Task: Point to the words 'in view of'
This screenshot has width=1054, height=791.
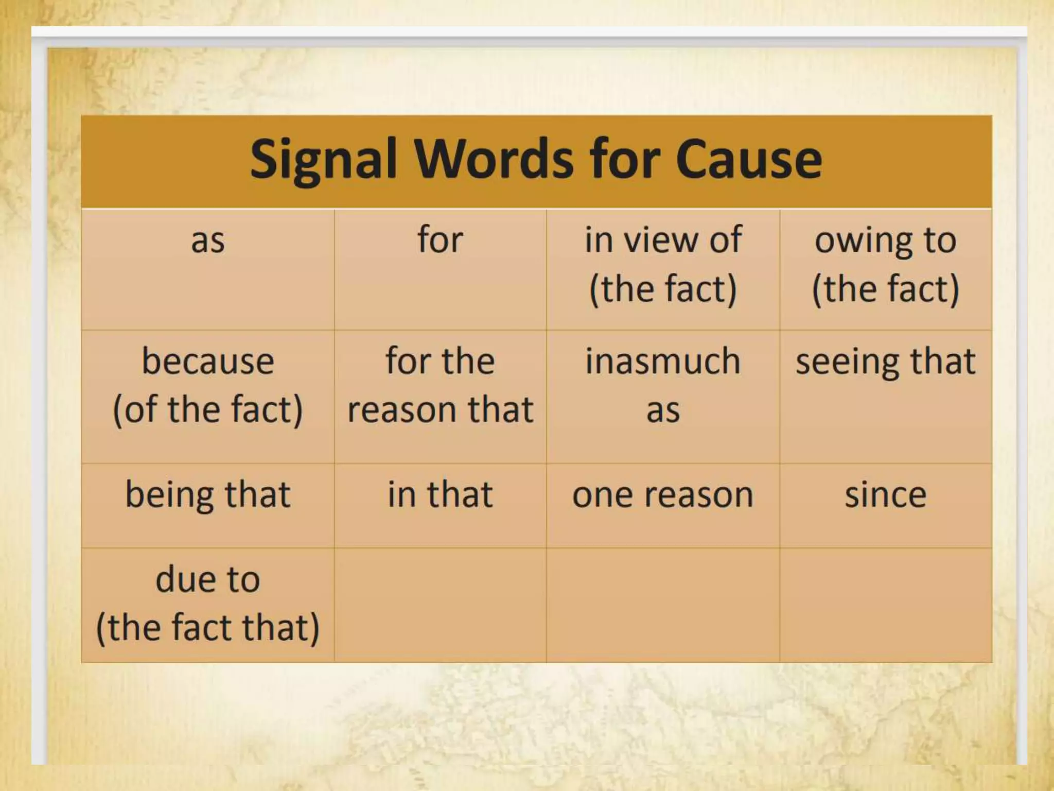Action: point(663,240)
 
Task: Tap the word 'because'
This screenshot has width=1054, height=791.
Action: point(208,362)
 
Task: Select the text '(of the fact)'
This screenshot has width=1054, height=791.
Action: point(208,410)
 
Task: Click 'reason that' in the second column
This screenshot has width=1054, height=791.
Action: point(441,410)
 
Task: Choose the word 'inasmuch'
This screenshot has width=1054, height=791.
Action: point(663,362)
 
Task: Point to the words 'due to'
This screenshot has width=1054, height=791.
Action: point(208,580)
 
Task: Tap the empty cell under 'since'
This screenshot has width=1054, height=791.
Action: point(885,605)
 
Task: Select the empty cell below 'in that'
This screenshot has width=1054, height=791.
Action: point(441,605)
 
